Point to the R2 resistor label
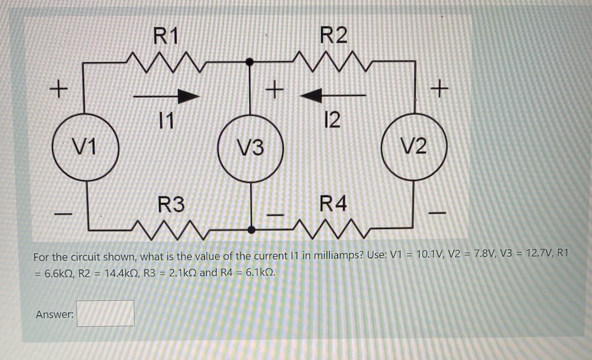334,34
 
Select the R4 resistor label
334,205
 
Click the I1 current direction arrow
167,96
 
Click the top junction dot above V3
251,62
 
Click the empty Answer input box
106,313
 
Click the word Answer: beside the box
55,314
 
